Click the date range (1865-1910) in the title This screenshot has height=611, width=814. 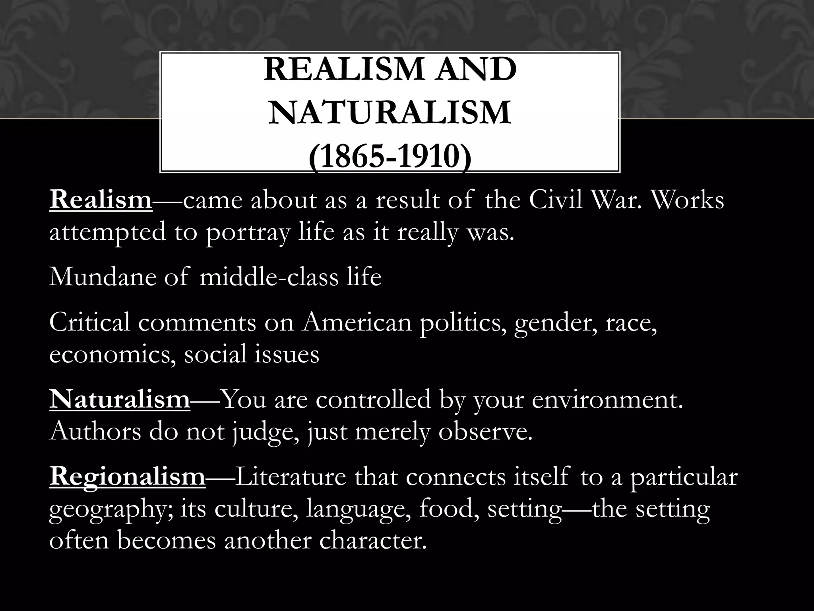[x=390, y=158]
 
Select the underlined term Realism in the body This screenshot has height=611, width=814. [x=101, y=200]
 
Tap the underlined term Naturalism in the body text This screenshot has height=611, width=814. [x=120, y=400]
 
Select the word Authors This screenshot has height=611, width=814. [x=95, y=432]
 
